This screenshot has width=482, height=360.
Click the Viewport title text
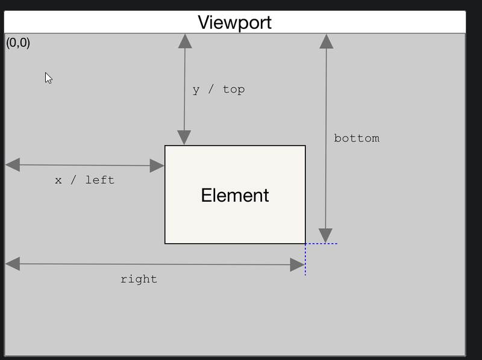coord(234,22)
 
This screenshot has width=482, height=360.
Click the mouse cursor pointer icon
coord(49,78)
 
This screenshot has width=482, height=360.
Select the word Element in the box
coord(235,195)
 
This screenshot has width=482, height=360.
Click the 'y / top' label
coord(219,90)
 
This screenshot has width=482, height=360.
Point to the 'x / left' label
coord(84,180)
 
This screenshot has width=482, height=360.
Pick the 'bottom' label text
coord(357,138)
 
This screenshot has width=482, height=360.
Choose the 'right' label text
coord(139,279)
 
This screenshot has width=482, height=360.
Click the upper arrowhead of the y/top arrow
coord(185,41)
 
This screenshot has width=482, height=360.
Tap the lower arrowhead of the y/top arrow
coord(184,137)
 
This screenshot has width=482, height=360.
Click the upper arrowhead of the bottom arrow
coord(327,41)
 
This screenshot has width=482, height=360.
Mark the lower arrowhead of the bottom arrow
coord(325,235)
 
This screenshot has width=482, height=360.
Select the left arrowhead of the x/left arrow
coord(13,164)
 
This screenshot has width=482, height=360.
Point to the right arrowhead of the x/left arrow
coord(157,166)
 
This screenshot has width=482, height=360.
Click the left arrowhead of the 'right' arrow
coord(13,264)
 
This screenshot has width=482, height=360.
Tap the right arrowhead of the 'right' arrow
coord(297,265)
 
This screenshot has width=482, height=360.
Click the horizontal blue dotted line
coord(321,244)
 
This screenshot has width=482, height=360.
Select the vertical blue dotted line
coord(305,259)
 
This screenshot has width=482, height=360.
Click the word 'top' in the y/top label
coord(234,90)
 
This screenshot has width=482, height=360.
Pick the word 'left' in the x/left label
coord(99,180)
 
